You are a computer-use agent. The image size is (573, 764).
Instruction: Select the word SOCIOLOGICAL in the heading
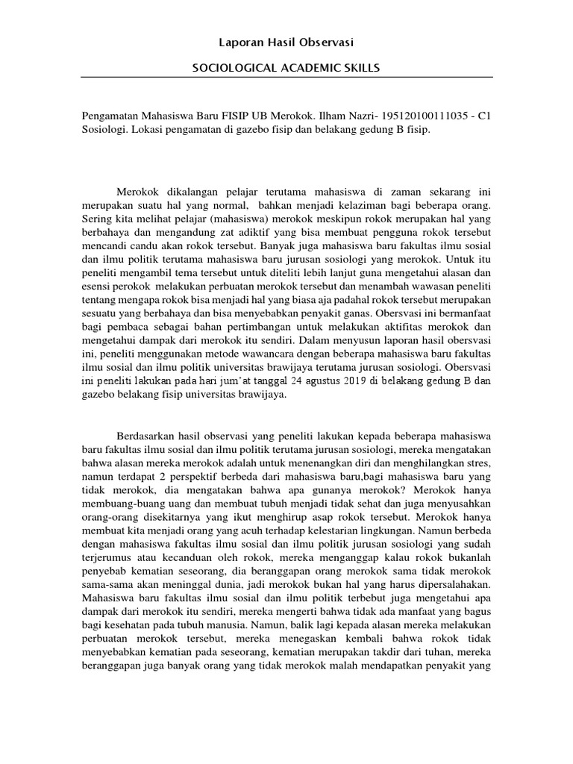(231, 68)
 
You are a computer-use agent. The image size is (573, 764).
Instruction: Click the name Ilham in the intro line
(337, 116)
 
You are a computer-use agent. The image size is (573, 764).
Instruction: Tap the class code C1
(483, 116)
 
